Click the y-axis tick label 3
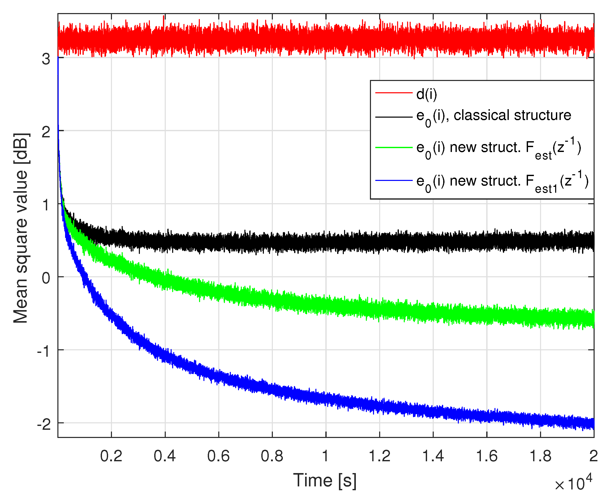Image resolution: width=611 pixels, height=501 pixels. click(x=46, y=59)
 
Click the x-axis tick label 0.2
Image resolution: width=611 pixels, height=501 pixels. click(x=111, y=456)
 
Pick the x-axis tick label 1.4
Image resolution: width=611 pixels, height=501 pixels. click(x=433, y=456)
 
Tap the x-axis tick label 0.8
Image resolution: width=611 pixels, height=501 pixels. click(x=272, y=456)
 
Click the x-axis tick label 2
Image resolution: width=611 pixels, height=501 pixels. click(x=593, y=456)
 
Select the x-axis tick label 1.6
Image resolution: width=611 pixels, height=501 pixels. click(x=487, y=456)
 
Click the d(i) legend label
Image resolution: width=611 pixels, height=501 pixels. click(x=427, y=94)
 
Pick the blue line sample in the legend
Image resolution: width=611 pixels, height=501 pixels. click(x=394, y=181)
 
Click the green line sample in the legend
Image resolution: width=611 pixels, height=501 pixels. click(x=394, y=147)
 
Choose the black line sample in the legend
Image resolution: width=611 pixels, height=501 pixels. click(x=394, y=117)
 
